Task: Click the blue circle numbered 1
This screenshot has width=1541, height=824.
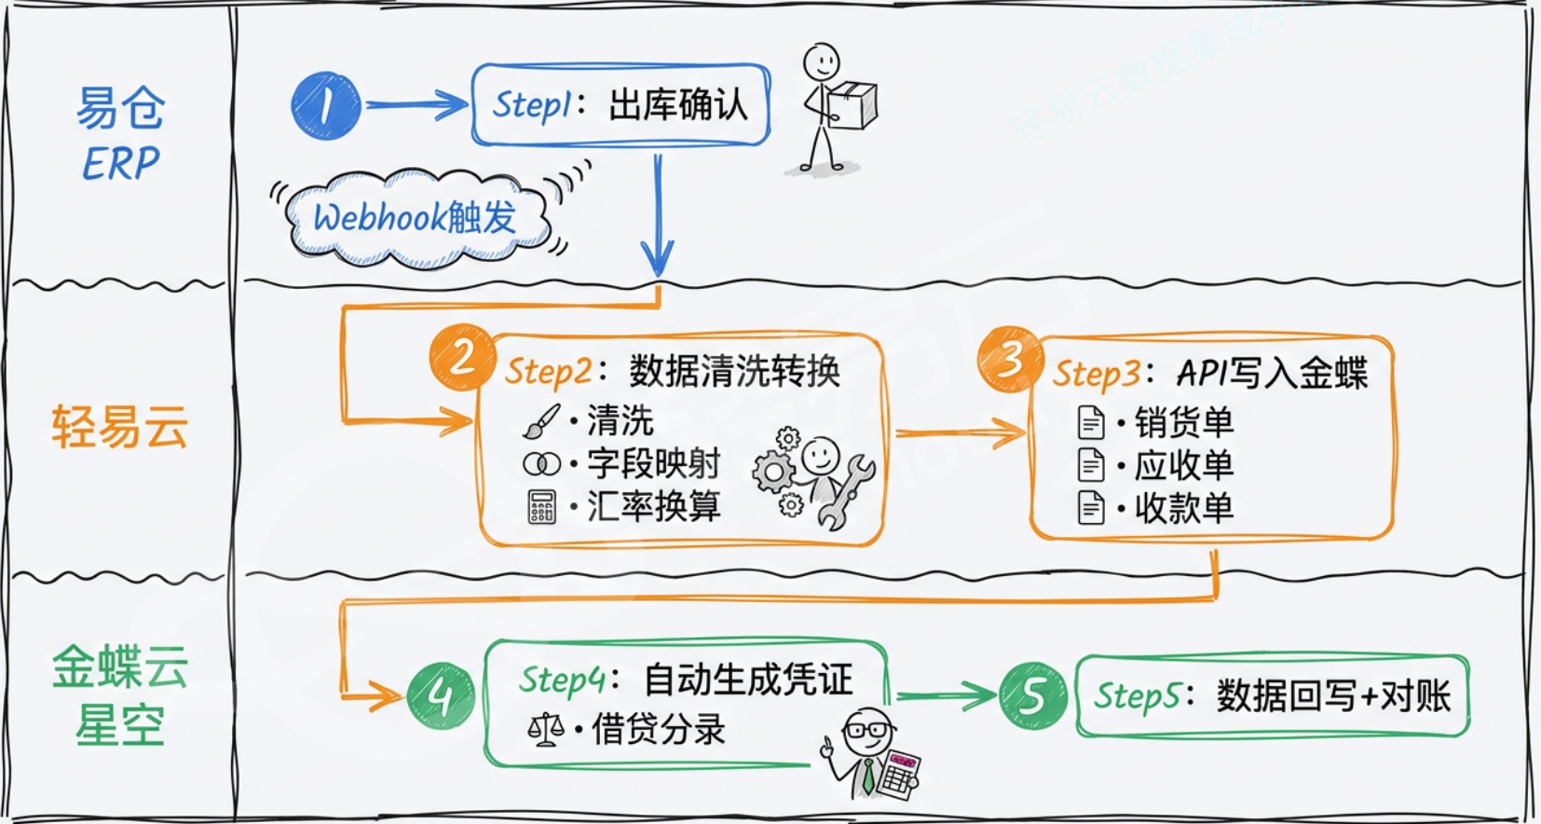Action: click(325, 105)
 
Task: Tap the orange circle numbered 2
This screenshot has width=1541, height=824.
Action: click(461, 357)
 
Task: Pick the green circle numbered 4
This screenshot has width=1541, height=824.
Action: click(440, 695)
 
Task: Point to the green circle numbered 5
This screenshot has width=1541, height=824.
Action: click(1032, 695)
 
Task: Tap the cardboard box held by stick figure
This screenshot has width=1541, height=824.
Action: click(852, 104)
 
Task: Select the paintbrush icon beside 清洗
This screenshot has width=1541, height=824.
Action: click(541, 420)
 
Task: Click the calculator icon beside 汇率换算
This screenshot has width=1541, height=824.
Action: click(541, 507)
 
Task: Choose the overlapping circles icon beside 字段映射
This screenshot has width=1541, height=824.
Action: click(541, 463)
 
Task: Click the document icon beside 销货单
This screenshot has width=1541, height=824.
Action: click(1090, 422)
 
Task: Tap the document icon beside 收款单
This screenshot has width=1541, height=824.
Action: click(1090, 508)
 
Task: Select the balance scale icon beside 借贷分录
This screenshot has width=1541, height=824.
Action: click(545, 730)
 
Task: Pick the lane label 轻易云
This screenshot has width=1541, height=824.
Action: click(119, 427)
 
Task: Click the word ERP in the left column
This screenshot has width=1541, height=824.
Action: click(120, 165)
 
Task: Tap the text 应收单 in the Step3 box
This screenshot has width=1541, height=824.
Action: click(1183, 465)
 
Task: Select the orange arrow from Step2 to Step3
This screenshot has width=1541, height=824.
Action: click(960, 433)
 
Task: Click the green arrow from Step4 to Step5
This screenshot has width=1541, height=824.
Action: click(944, 695)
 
